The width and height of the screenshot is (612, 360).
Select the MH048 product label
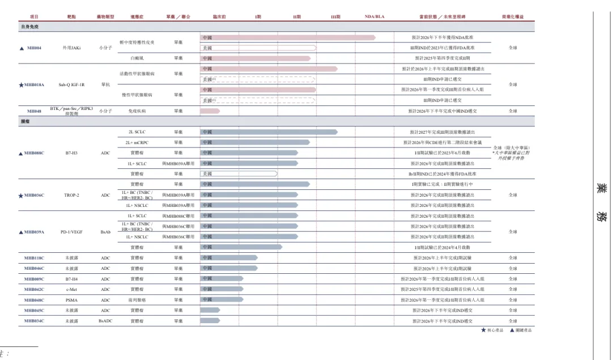pos(34,111)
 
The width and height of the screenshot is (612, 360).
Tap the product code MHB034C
pos(34,321)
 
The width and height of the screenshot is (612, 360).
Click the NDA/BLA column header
pos(375,16)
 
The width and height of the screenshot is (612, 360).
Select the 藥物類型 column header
pos(105,16)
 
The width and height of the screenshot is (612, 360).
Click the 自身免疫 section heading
pos(29,27)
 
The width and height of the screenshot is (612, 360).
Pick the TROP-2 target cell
pos(71,195)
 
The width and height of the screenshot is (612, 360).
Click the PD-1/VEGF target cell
pos(71,232)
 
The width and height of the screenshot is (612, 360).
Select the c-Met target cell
pos(71,289)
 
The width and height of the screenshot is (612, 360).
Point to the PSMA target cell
pos(71,300)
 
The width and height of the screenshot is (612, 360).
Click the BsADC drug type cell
pos(105,321)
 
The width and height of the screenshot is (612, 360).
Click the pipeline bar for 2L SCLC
pos(269,132)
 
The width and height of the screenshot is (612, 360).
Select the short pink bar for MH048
pos(210,111)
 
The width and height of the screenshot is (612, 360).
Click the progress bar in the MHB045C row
pos(210,310)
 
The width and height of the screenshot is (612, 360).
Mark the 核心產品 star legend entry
pos(490,330)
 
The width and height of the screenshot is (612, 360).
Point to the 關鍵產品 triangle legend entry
pos(521,330)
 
